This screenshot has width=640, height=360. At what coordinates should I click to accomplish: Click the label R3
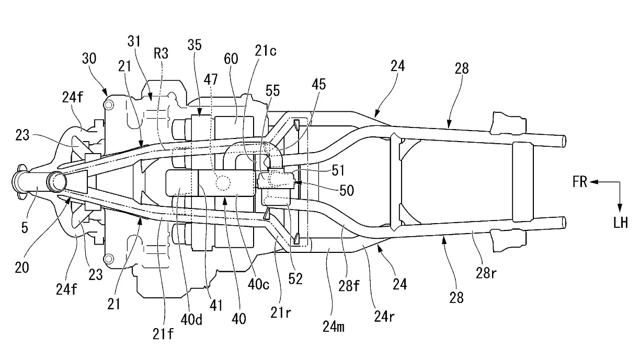point(161,53)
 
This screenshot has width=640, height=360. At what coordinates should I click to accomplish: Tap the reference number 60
point(231,59)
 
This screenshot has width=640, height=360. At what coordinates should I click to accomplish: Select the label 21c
point(266,51)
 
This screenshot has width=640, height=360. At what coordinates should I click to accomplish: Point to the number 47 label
point(211,79)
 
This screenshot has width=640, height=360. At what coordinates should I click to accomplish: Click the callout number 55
point(273,91)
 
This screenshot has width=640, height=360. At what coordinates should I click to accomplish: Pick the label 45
point(318,85)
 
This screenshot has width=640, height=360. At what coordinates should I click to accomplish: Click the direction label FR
point(580,182)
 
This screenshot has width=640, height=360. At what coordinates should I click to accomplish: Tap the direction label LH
point(621,223)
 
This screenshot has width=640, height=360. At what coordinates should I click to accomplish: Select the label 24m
point(334,327)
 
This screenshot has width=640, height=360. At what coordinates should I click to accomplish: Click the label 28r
point(486,273)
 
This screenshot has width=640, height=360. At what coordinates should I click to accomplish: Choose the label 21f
point(163,334)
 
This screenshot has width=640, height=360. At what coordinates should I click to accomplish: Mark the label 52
point(295,279)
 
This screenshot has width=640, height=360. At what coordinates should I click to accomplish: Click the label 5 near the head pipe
point(25,228)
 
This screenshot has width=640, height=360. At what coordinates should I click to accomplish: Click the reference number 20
point(22,268)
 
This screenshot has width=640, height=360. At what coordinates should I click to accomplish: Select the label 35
point(195,45)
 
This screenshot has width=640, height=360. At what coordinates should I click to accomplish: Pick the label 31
point(134,42)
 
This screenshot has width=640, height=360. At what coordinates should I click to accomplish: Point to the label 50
point(347,190)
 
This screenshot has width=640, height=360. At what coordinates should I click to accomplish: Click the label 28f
point(349,285)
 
